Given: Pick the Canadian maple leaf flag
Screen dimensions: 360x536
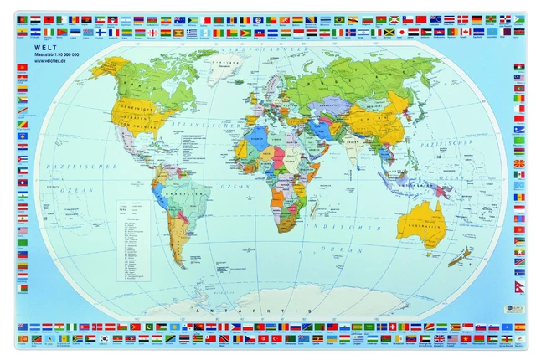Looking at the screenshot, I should (x=465, y=33).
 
